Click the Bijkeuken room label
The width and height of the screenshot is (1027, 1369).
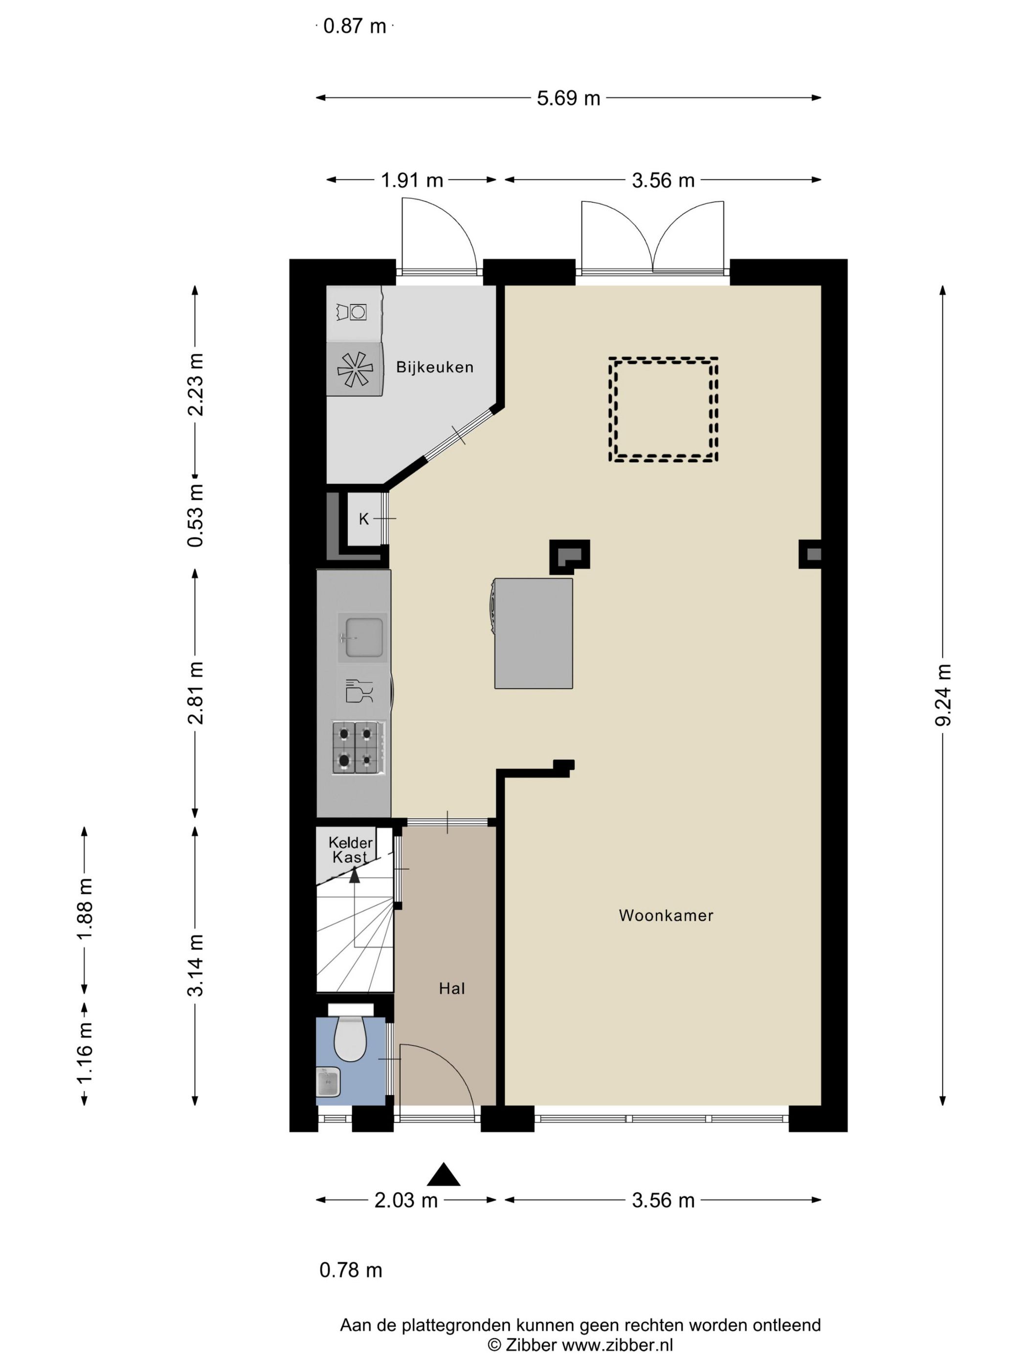[435, 367]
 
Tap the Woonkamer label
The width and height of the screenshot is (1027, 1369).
[666, 915]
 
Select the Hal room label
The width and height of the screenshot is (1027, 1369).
[451, 989]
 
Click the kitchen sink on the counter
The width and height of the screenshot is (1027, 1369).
[363, 638]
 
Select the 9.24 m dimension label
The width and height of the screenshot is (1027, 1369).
[943, 694]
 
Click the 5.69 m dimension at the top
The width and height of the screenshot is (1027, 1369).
[568, 98]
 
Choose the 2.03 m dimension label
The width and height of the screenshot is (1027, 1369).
[406, 1200]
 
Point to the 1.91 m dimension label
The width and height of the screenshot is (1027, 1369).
[412, 180]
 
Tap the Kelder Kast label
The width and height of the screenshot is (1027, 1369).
[350, 850]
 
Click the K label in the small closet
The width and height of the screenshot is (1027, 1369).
[363, 519]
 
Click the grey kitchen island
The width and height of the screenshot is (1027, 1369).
[533, 633]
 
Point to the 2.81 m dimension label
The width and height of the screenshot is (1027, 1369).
[196, 692]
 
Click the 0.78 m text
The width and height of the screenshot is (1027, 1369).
[350, 1270]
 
